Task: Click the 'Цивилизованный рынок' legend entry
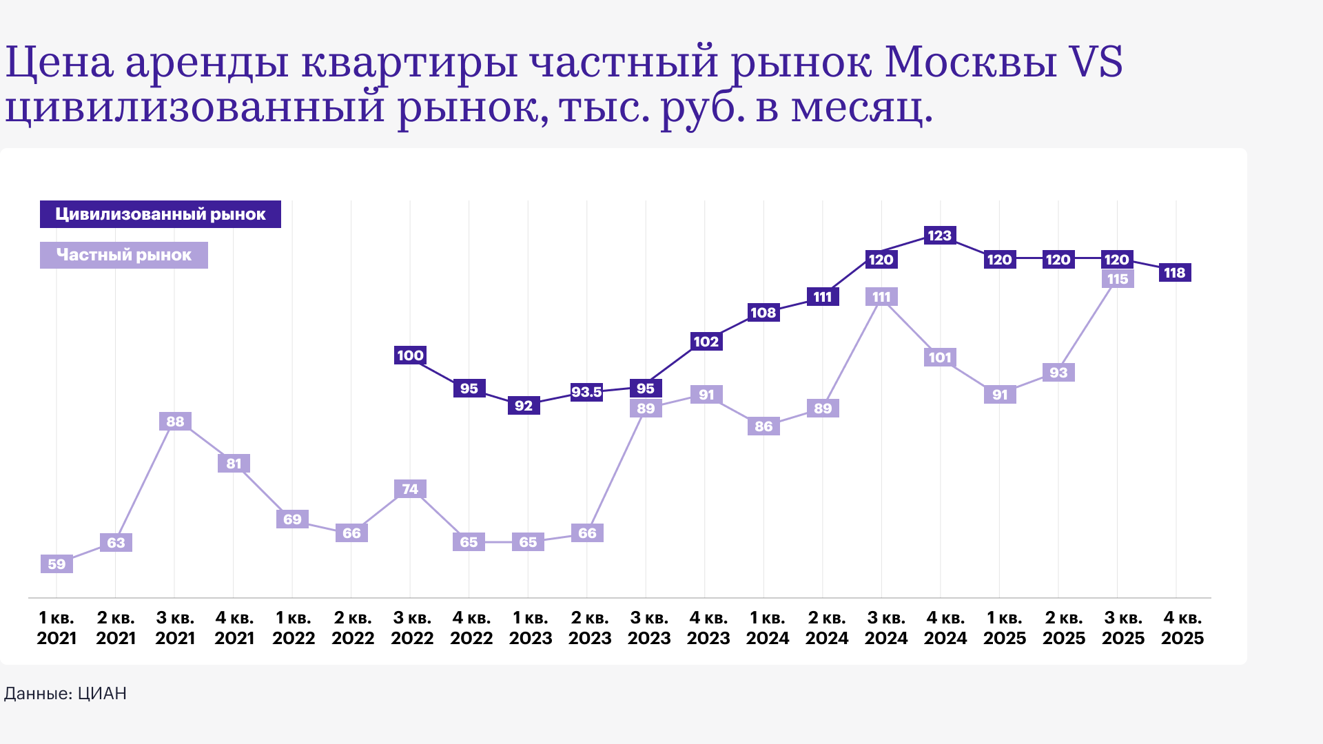(x=160, y=214)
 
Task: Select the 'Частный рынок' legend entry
(x=124, y=255)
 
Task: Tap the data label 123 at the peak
(x=939, y=236)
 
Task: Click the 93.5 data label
(x=586, y=392)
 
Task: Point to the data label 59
(x=57, y=564)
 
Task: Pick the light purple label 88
(x=175, y=422)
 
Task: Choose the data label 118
(x=1174, y=273)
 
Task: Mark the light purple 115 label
(x=1117, y=279)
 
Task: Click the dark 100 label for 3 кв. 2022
(x=410, y=355)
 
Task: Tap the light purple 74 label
(x=410, y=489)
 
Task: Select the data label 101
(x=940, y=358)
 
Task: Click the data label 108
(x=763, y=313)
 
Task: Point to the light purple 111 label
(x=881, y=297)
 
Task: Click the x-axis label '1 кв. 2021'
(x=57, y=628)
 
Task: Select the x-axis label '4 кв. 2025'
(x=1182, y=628)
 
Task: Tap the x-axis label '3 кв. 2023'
(x=649, y=628)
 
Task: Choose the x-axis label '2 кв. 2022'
(x=353, y=628)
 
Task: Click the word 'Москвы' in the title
(x=970, y=62)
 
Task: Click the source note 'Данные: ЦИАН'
(x=65, y=693)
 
